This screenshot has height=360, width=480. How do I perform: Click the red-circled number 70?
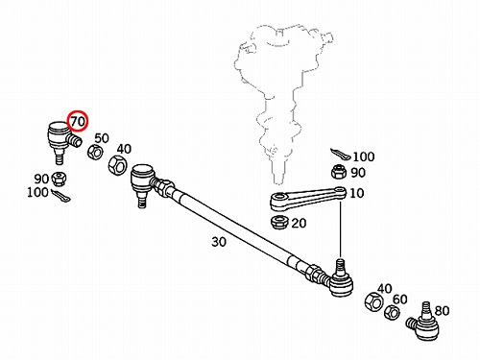pos(78,121)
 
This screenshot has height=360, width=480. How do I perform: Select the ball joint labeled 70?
pos(62,141)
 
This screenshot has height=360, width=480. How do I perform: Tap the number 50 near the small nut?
pos(102,138)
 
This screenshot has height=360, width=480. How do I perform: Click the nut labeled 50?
pos(95,152)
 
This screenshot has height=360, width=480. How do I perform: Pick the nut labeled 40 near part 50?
pos(117,165)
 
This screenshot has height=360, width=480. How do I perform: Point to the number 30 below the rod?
pos(219,242)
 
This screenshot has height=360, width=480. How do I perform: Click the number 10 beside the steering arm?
pos(357,193)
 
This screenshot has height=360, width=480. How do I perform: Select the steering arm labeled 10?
pos(308,199)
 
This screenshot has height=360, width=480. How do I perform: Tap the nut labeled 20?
pos(279,223)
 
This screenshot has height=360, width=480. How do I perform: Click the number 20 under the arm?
pos(299,223)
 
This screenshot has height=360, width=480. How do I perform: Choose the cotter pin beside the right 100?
pos(341,155)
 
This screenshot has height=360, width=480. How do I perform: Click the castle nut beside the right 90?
pos(339,172)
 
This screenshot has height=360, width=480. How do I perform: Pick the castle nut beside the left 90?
pos(59,179)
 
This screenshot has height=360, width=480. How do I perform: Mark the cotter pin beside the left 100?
pos(60,196)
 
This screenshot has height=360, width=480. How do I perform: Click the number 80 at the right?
pos(442,311)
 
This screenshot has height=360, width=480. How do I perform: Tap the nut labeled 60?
pos(392,313)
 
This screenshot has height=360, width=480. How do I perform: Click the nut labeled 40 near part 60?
pos(373,301)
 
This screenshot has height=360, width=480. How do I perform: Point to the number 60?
pos(400,300)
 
